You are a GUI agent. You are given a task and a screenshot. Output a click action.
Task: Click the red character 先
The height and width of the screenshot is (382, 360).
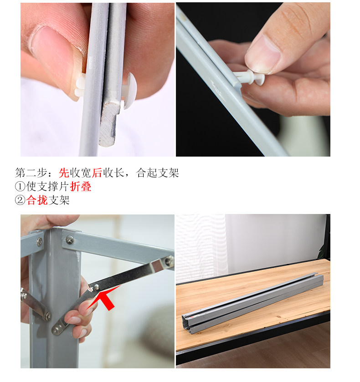pyautogui.click(x=64, y=173)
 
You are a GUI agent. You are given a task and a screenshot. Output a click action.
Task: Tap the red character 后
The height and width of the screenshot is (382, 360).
pyautogui.click(x=97, y=173)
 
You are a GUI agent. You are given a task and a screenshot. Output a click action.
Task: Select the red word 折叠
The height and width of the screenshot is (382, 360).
pyautogui.click(x=81, y=187)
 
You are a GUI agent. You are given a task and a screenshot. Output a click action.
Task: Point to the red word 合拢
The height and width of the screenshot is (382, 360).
pyautogui.click(x=37, y=200)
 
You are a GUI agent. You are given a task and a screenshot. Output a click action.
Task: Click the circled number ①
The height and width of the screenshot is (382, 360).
pyautogui.click(x=20, y=187)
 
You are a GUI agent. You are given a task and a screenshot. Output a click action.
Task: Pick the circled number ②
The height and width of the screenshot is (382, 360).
pyautogui.click(x=20, y=200)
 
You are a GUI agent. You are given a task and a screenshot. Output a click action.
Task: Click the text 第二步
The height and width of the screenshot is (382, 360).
pyautogui.click(x=31, y=173)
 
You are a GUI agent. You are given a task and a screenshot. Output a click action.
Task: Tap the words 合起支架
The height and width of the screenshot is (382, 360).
pyautogui.click(x=158, y=173)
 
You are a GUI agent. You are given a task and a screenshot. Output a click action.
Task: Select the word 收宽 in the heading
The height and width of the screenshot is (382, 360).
pyautogui.click(x=81, y=173)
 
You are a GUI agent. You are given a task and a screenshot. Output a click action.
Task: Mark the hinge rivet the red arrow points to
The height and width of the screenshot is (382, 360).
pyautogui.click(x=97, y=287)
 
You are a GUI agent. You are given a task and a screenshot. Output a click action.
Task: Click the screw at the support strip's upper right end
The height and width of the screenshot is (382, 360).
pyautogui.click(x=169, y=261)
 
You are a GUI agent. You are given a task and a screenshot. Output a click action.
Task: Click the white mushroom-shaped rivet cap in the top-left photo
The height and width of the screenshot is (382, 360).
pyautogui.click(x=130, y=90)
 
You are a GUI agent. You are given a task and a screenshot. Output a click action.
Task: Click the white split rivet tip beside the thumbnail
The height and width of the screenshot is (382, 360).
pyautogui.click(x=80, y=87)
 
